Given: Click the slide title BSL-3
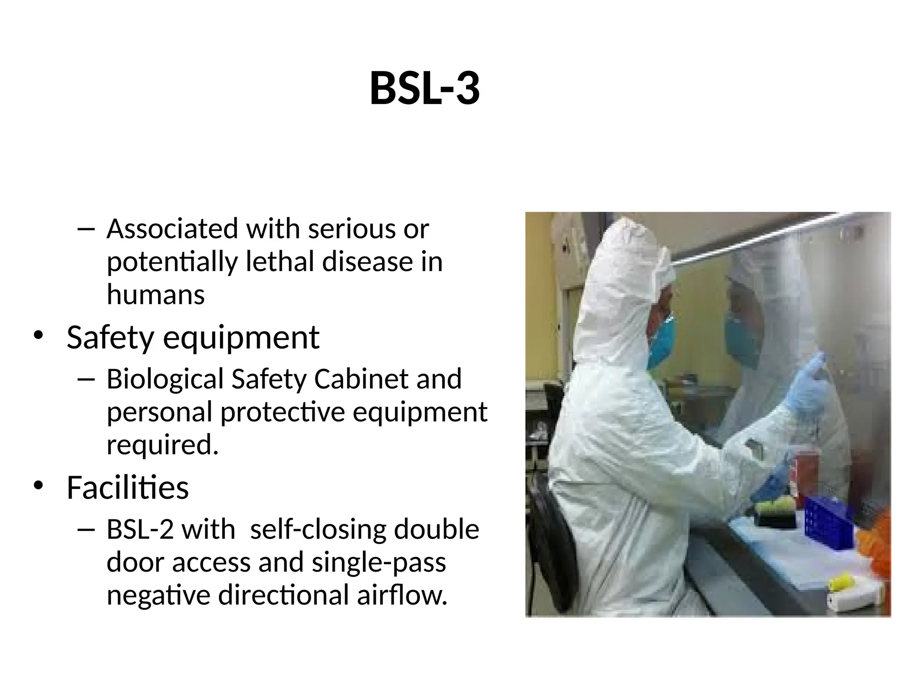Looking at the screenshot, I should pos(424,89).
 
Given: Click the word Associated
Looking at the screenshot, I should pos(172,229).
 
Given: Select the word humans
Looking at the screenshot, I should pos(155,295).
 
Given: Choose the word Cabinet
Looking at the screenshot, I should pos(361,379).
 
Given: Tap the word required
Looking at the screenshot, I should pos(162,445).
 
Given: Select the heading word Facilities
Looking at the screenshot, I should pos(128,487).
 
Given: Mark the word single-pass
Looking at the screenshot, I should pos(378,562).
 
